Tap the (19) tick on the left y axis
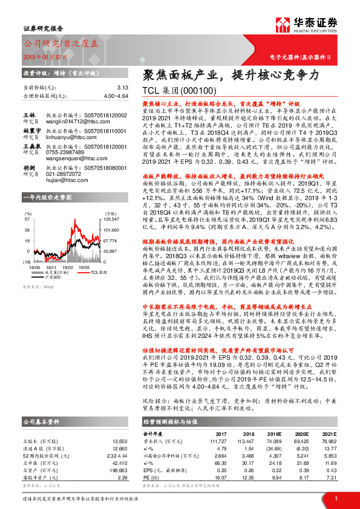tap(27, 244)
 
